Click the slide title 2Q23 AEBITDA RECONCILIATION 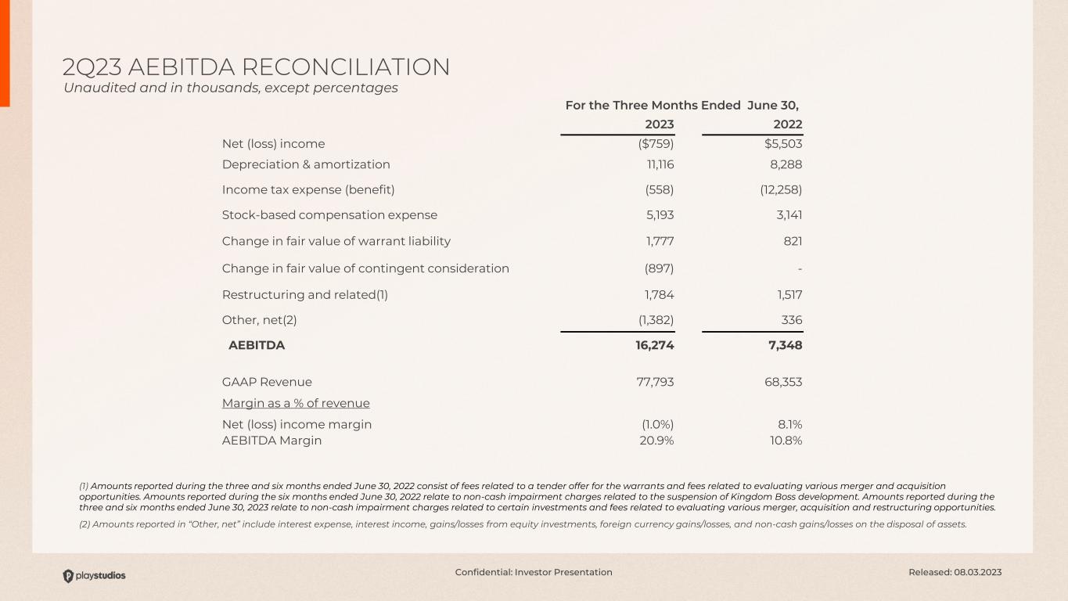point(256,67)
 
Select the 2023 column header point(659,124)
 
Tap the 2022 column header point(788,124)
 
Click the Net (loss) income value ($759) point(656,144)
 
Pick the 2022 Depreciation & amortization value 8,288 point(785,164)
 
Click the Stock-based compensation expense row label point(329,215)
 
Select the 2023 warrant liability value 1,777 point(658,241)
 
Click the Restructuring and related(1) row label point(305,295)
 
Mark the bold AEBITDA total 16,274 point(654,345)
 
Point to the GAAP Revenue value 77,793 point(654,382)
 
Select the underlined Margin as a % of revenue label point(296,404)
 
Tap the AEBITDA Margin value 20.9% point(656,441)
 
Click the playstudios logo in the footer point(94,576)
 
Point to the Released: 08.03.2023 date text point(955,572)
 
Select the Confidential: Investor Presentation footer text point(534,572)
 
